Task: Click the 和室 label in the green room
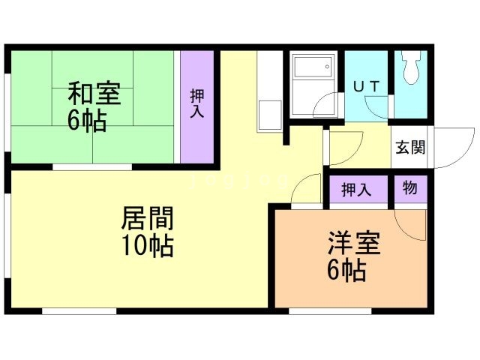point(94,93)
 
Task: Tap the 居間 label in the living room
point(147,218)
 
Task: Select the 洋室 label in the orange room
point(354,244)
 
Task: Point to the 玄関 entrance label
point(410,147)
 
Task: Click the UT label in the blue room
point(367,87)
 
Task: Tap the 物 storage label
point(410,187)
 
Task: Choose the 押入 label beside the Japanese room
point(196,103)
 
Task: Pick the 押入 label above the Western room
point(357,190)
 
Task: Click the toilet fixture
point(410,67)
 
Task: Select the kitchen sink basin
point(270,115)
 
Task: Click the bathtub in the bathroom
point(313,67)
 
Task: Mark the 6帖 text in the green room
point(87,120)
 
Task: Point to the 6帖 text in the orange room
point(346,270)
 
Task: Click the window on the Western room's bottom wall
point(330,311)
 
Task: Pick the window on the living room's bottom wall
point(79,311)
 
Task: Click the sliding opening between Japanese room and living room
point(92,167)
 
